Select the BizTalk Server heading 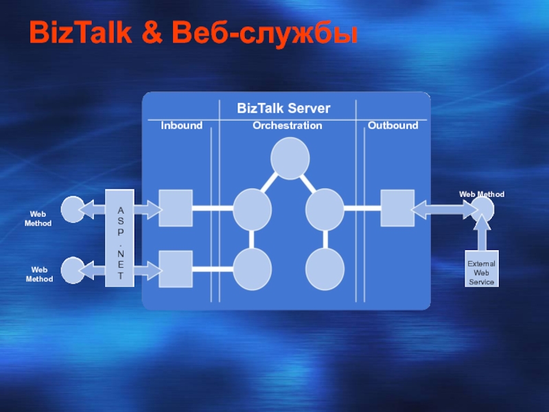pos(283,108)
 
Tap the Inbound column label pos(182,126)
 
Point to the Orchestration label pos(287,126)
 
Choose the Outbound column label pos(393,126)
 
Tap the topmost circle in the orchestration pos(290,157)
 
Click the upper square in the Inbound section pos(176,207)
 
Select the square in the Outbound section pos(397,207)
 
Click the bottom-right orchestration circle pos(325,268)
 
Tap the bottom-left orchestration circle pos(253,268)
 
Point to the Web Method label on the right pos(482,195)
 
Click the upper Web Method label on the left pos(39,219)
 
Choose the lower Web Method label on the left pos(39,275)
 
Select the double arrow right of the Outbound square pos(441,207)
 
